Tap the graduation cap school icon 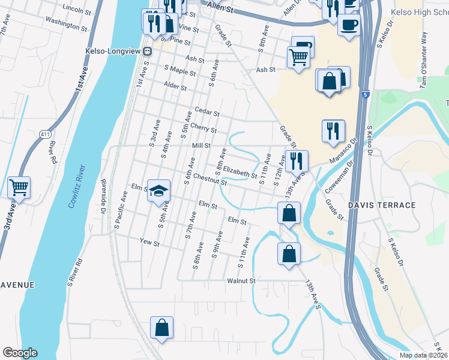(159, 191)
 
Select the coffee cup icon (348, 25)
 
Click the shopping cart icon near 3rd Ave (19, 187)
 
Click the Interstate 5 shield (366, 94)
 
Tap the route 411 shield (44, 133)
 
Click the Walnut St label (241, 280)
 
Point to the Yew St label (149, 243)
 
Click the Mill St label (201, 145)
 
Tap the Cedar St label (208, 112)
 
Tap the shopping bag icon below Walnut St (161, 328)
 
